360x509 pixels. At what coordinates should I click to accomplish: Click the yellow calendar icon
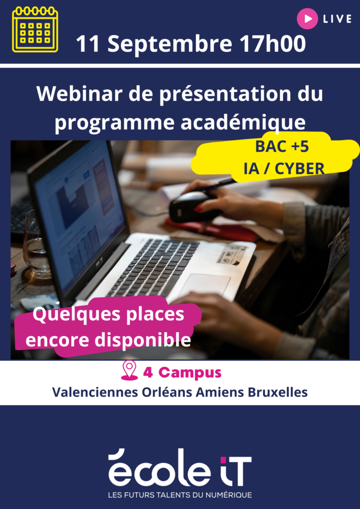coord(35,29)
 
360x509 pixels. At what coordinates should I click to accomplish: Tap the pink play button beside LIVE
coord(307,19)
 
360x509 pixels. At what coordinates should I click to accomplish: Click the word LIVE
coord(337,19)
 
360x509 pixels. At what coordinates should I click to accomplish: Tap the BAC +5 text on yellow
coord(282,147)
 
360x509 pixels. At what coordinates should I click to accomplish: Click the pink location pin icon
coord(129,370)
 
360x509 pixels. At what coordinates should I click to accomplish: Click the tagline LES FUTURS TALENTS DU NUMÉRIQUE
coord(180,495)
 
